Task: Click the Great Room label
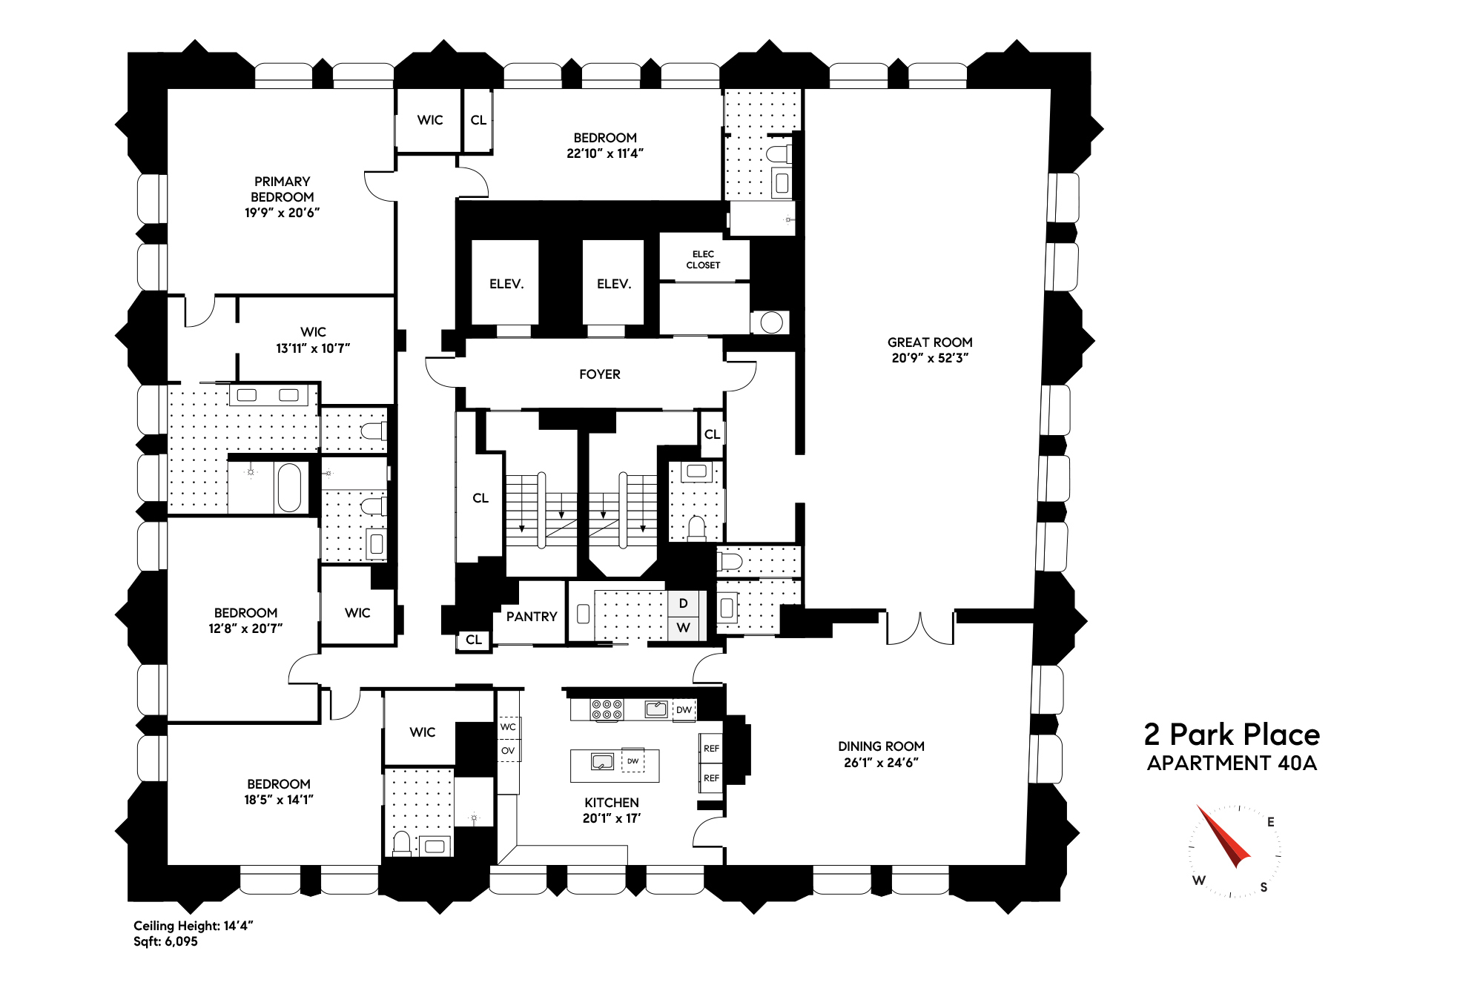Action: (930, 342)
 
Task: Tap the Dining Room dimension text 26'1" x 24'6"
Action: (881, 763)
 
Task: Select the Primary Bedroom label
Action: (282, 189)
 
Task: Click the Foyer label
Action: (600, 374)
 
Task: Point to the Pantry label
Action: (532, 617)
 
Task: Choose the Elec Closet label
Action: (703, 259)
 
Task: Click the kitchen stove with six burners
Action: (607, 709)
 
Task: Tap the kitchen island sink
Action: (602, 761)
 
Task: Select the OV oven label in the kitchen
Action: (508, 751)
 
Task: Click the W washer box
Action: (683, 628)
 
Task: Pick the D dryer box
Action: (683, 604)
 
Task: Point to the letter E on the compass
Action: (1271, 821)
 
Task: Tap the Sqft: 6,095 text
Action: (165, 942)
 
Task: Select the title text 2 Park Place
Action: (1232, 735)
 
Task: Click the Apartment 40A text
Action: (1232, 763)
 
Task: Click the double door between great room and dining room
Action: (920, 629)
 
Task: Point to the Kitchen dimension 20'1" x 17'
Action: (612, 818)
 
